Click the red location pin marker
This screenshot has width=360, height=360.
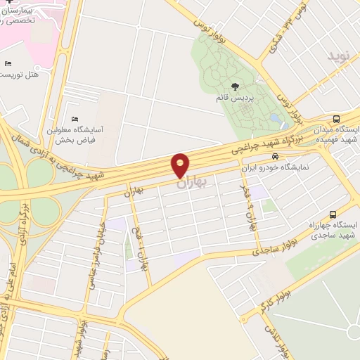(181, 165)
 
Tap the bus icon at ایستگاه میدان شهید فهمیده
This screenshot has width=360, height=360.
(336, 119)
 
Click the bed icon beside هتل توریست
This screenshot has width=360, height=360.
(8, 63)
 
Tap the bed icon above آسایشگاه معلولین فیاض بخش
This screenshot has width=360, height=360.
(75, 119)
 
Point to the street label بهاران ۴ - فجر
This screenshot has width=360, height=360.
(249, 210)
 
